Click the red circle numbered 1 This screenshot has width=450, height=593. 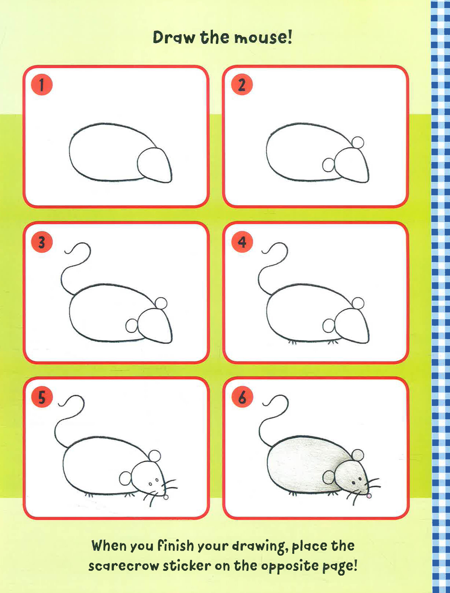(x=42, y=85)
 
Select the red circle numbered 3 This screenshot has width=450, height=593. (x=42, y=242)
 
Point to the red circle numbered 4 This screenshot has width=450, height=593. (x=242, y=242)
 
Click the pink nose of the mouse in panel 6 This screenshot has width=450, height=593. (x=369, y=496)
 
